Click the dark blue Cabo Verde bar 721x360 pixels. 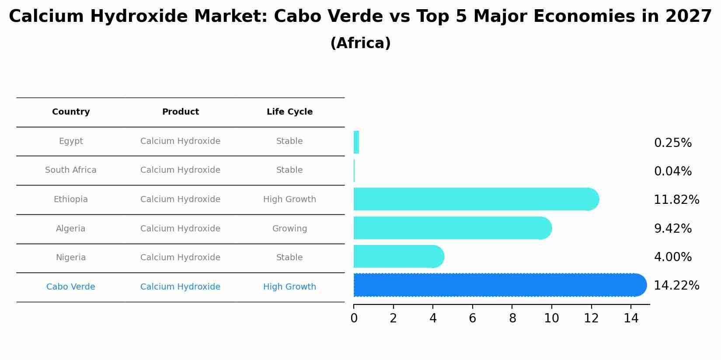pyautogui.click(x=498, y=285)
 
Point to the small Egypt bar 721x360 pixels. pyautogui.click(x=356, y=142)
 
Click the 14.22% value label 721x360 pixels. pyautogui.click(x=676, y=286)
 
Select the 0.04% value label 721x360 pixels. pyautogui.click(x=672, y=171)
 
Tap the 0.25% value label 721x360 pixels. pyautogui.click(x=672, y=143)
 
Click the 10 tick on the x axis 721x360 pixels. pyautogui.click(x=551, y=318)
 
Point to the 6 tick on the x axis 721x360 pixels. pyautogui.click(x=472, y=318)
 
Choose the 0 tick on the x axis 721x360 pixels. pyautogui.click(x=354, y=318)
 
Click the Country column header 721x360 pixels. pyautogui.click(x=71, y=112)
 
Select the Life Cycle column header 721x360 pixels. pyautogui.click(x=289, y=112)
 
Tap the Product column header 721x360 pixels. pyautogui.click(x=180, y=112)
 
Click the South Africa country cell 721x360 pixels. pyautogui.click(x=71, y=170)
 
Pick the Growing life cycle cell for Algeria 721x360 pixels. pyautogui.click(x=289, y=229)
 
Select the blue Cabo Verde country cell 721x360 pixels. pyautogui.click(x=71, y=287)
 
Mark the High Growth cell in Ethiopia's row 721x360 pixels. pyautogui.click(x=289, y=199)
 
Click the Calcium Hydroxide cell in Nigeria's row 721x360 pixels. pyautogui.click(x=180, y=258)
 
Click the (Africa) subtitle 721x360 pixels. pyautogui.click(x=360, y=43)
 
